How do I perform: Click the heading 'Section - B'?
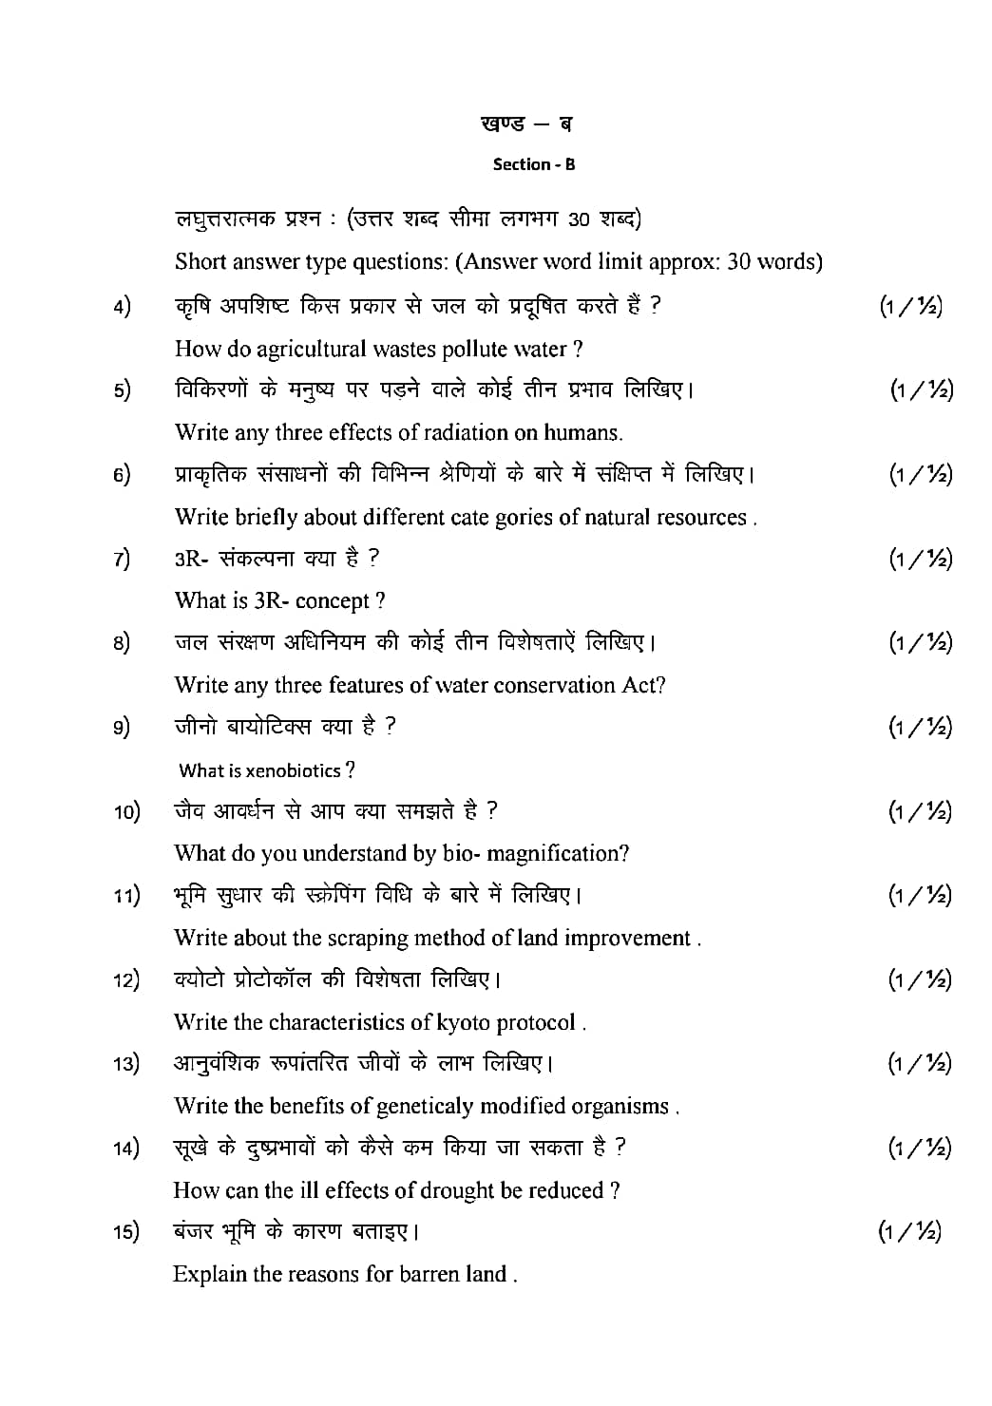click(x=534, y=164)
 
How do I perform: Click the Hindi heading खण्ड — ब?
click(x=526, y=123)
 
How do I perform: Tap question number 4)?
click(x=122, y=306)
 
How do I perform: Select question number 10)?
click(x=126, y=811)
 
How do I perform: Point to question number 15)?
click(x=125, y=1232)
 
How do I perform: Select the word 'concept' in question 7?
click(x=333, y=601)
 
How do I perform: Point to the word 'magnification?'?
click(x=558, y=854)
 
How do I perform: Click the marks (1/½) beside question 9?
click(x=920, y=728)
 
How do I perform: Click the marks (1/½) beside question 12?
click(x=920, y=979)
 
